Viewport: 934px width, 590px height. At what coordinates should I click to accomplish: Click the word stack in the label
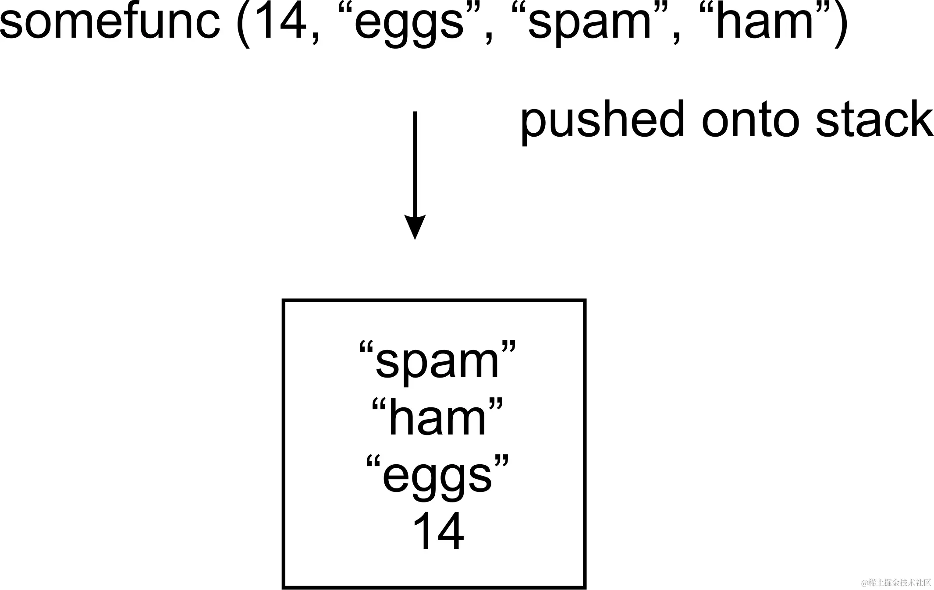[874, 119]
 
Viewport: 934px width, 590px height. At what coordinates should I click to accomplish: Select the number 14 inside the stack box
[438, 531]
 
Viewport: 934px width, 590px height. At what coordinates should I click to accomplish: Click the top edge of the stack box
[434, 301]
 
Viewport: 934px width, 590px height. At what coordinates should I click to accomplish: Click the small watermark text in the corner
[896, 583]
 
